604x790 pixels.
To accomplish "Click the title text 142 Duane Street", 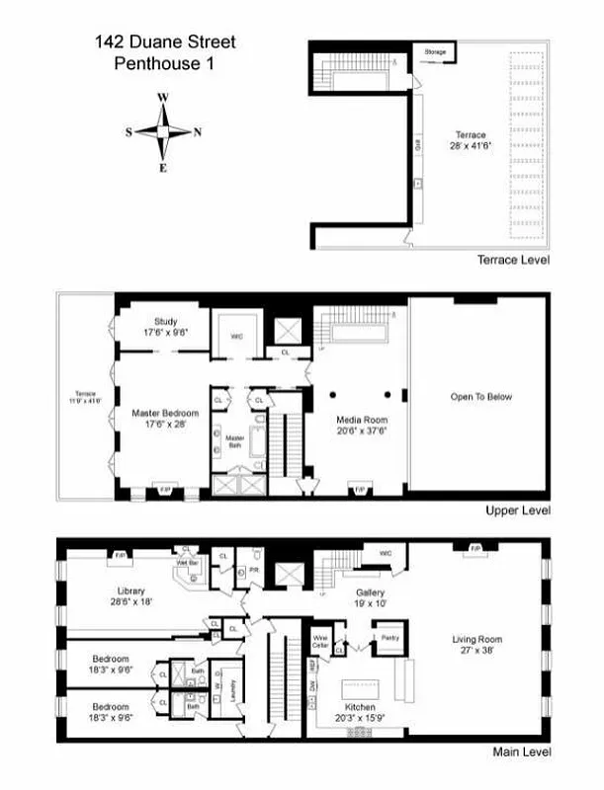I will click(166, 42).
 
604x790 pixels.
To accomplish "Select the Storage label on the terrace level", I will click(435, 50).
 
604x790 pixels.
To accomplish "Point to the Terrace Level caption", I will click(513, 260).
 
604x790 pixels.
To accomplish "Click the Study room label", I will click(165, 327).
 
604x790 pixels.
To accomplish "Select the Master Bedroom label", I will click(165, 418).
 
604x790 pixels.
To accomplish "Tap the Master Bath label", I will click(234, 440).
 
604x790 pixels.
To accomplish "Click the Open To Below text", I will click(480, 397).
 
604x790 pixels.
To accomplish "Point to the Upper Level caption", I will click(517, 511).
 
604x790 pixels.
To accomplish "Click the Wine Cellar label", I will click(321, 640).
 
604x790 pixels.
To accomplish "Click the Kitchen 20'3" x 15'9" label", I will click(355, 713).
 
